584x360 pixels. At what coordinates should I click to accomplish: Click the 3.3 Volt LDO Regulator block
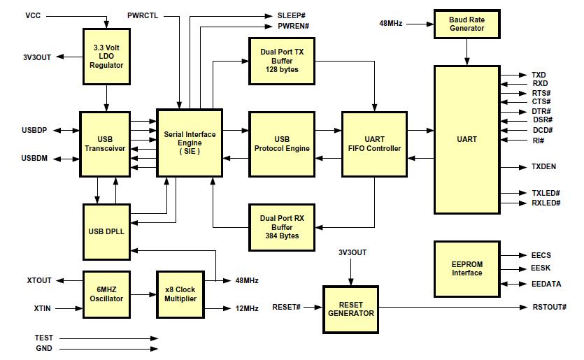(x=106, y=57)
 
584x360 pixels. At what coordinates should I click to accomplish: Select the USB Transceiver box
(x=105, y=144)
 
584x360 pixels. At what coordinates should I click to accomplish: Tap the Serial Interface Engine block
(x=190, y=143)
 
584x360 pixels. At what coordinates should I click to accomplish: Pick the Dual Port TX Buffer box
(x=282, y=61)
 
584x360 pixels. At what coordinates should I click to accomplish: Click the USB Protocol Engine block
(x=282, y=144)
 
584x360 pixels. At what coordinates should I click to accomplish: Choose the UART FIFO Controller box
(x=374, y=144)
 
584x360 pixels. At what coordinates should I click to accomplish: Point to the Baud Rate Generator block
(x=467, y=24)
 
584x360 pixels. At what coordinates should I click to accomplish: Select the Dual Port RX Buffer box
(x=282, y=227)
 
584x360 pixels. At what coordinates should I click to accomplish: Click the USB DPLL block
(x=106, y=231)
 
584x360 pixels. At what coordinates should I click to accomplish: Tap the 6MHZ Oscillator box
(x=106, y=294)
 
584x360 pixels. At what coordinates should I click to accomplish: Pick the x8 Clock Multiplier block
(x=180, y=294)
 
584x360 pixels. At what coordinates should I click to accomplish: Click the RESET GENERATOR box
(x=351, y=310)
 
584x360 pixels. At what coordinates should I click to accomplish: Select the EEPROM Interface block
(x=467, y=269)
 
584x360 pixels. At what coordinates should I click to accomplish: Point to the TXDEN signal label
(x=543, y=167)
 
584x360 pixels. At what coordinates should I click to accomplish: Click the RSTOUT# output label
(x=549, y=307)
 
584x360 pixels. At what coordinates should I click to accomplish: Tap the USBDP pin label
(x=34, y=130)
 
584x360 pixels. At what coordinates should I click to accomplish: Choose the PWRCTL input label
(x=143, y=15)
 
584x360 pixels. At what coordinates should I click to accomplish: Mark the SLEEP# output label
(x=291, y=15)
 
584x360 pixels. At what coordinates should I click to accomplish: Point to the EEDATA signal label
(x=546, y=284)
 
